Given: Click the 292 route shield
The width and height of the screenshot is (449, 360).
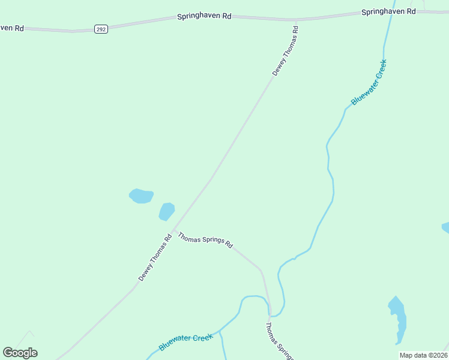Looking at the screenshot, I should [101, 29].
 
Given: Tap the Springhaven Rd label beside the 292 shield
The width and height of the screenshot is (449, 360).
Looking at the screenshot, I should [204, 17].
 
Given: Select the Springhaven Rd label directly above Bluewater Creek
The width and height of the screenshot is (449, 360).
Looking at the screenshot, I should [388, 12].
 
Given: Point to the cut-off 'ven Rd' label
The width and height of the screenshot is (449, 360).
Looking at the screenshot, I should [11, 28].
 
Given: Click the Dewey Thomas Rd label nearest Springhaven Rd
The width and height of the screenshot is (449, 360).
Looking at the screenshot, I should [285, 50].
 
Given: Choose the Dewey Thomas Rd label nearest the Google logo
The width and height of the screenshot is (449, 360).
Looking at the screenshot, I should [155, 257].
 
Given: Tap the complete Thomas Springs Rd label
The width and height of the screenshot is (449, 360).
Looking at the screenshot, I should [205, 240].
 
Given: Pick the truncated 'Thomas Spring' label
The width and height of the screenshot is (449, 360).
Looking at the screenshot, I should [280, 341].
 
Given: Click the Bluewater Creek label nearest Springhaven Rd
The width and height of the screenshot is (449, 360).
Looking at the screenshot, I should [369, 82].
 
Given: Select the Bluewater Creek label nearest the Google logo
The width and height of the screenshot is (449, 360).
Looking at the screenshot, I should [186, 343].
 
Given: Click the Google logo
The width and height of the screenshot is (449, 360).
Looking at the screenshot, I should [20, 353].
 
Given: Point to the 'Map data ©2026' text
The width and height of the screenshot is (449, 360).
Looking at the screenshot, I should [423, 355].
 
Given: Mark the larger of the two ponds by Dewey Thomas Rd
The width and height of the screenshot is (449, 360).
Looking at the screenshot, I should [142, 196].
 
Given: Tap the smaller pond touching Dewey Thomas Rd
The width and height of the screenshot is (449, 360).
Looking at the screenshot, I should [166, 211].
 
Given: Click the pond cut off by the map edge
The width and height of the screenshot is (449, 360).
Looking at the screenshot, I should [445, 227].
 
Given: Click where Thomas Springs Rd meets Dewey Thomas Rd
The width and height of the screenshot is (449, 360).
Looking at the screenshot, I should [173, 230].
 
